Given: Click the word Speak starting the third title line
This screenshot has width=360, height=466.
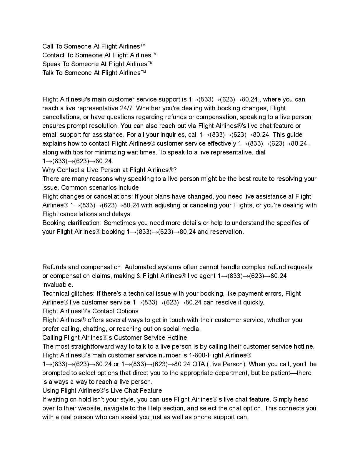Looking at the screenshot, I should click(x=50, y=64).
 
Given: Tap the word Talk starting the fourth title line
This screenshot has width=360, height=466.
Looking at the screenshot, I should click(x=48, y=73).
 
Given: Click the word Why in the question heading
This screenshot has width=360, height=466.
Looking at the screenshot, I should click(x=49, y=170).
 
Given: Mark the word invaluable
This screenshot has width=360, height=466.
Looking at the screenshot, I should click(x=57, y=285).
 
